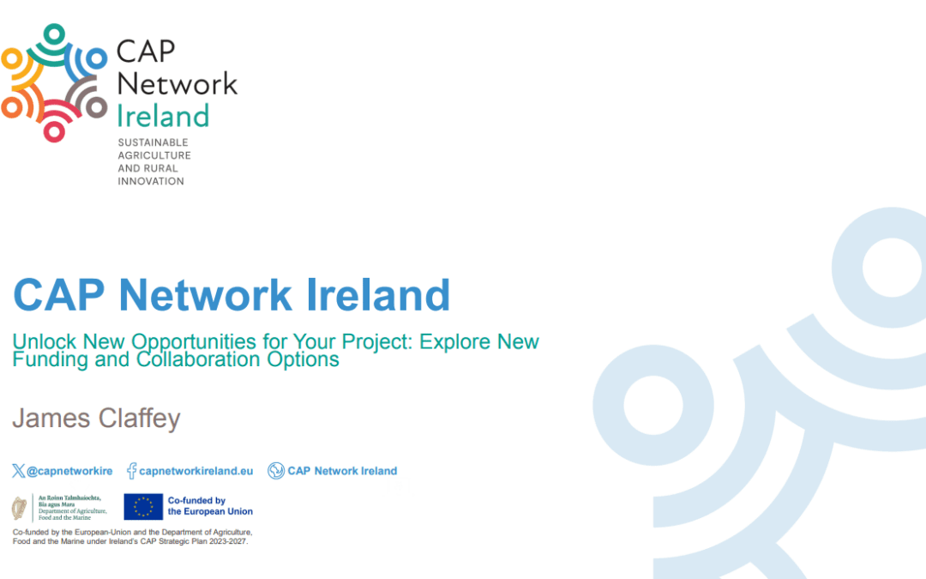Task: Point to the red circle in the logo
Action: [x=55, y=131]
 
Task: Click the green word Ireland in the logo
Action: [x=163, y=116]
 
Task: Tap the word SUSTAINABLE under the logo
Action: [x=153, y=142]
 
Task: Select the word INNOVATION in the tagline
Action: [x=151, y=181]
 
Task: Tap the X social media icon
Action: [x=19, y=470]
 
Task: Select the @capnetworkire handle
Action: [x=69, y=471]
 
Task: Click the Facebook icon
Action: [x=132, y=470]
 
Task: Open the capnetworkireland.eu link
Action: [x=196, y=471]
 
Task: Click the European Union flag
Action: [x=143, y=507]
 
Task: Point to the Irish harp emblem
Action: [x=19, y=507]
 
